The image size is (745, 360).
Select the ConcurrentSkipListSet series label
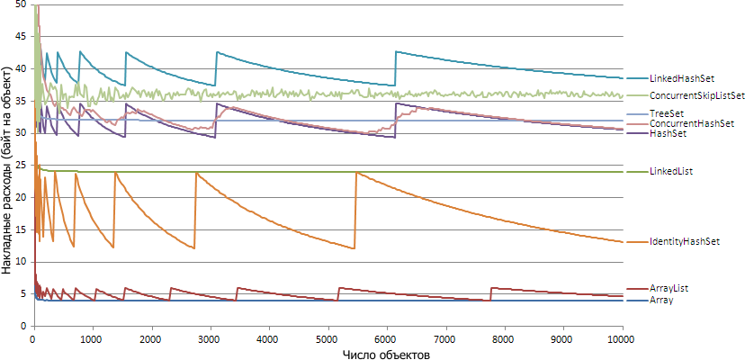pos(696,95)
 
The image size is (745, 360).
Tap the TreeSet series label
pos(666,113)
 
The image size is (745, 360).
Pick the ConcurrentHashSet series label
pos(691,122)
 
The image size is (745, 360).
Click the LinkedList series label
pos(671,171)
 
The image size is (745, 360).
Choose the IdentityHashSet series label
pos(685,242)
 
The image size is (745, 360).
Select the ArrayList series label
pos(669,288)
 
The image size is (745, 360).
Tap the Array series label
pos(661,300)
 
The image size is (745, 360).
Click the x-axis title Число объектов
pos(385,354)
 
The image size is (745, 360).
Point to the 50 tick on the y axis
pos(20,5)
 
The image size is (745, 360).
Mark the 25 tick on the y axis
pos(20,166)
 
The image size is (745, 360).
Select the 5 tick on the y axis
pos(23,293)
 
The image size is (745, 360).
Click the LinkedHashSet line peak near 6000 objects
pos(396,51)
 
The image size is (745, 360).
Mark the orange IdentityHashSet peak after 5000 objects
pos(356,172)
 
